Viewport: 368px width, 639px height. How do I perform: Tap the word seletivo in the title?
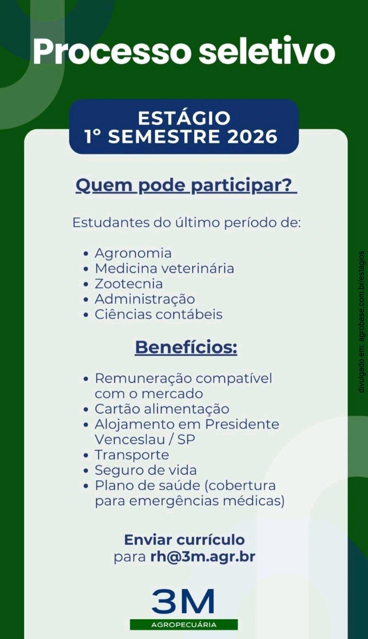tap(267, 50)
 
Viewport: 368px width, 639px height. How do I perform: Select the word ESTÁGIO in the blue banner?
tap(184, 118)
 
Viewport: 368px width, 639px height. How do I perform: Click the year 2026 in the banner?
tap(252, 137)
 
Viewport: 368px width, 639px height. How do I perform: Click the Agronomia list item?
tap(133, 253)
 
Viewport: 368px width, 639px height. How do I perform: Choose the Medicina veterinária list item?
tap(165, 268)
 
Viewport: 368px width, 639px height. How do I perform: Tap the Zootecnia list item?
tap(129, 284)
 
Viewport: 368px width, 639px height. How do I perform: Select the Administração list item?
tap(145, 299)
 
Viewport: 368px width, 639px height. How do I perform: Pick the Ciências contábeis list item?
tap(158, 314)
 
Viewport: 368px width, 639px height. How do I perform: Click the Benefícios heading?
tap(186, 347)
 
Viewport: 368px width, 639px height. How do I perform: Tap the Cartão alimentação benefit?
tap(162, 409)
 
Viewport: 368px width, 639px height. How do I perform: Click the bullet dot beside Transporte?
tap(86, 455)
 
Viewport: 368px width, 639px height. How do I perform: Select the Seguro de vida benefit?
tap(146, 470)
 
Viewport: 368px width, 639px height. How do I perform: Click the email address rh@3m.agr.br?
tap(203, 557)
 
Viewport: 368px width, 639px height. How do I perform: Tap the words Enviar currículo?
tap(184, 540)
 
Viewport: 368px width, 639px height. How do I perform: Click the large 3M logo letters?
tap(183, 602)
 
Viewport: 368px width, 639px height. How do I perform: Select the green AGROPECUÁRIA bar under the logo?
tap(184, 625)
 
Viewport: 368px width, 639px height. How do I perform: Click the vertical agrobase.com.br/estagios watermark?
tap(362, 322)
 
